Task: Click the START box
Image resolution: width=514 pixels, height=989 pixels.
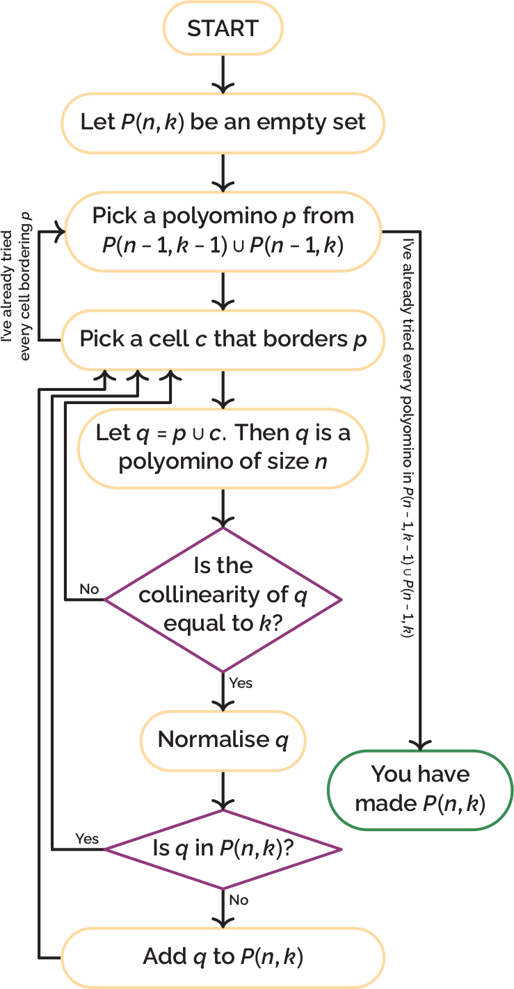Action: click(223, 29)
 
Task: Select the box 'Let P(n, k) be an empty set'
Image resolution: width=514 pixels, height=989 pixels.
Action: click(223, 123)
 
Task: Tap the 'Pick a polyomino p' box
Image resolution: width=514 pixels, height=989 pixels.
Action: click(223, 230)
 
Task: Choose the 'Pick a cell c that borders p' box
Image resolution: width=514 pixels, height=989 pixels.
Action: click(223, 339)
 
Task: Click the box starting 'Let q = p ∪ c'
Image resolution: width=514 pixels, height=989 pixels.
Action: click(223, 447)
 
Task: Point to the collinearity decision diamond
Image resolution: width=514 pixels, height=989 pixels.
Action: click(223, 599)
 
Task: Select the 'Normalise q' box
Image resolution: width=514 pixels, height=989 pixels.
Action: click(223, 739)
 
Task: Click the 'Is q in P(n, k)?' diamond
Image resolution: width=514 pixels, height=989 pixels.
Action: click(223, 849)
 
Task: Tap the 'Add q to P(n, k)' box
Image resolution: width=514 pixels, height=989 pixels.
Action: click(223, 956)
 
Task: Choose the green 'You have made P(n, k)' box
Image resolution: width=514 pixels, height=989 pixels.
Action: click(420, 789)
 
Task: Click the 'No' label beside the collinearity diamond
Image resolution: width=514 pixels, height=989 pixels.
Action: click(89, 590)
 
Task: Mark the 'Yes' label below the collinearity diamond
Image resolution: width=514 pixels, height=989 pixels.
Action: click(241, 683)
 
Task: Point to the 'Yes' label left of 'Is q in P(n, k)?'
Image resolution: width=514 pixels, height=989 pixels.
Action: click(87, 839)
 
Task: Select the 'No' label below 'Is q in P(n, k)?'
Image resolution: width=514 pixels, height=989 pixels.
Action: click(239, 900)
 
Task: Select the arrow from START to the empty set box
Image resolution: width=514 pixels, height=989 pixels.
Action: click(223, 74)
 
